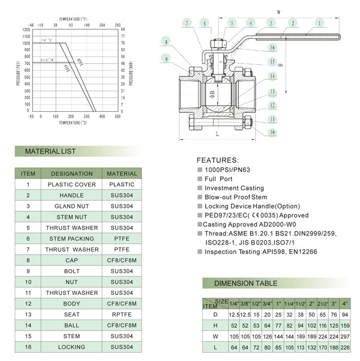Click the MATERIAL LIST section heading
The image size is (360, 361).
point(50,151)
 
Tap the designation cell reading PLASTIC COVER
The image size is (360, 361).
point(71,184)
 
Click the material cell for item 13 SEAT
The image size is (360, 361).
point(122,314)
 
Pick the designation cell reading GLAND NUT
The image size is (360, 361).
point(71,206)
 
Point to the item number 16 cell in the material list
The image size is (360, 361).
point(28,347)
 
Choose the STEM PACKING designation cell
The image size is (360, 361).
point(71,238)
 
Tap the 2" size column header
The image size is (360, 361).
point(311,303)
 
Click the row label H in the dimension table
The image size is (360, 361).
point(215,325)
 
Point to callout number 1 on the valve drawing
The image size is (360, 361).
point(320,23)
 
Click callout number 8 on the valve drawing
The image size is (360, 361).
point(165,41)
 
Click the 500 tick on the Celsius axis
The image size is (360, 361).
point(117,117)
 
